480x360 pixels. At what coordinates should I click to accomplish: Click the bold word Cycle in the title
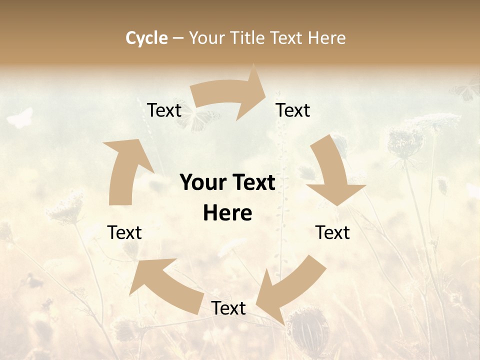pyautogui.click(x=146, y=38)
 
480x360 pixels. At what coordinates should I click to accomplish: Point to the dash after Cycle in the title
pyautogui.click(x=178, y=38)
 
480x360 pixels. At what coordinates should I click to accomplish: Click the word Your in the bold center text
pyautogui.click(x=201, y=182)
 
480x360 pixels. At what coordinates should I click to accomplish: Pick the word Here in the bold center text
pyautogui.click(x=227, y=213)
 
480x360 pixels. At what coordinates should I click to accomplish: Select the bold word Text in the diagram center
pyautogui.click(x=253, y=182)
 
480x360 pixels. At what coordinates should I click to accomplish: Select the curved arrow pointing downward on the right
pyautogui.click(x=334, y=173)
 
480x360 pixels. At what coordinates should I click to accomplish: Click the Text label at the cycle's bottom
pyautogui.click(x=228, y=308)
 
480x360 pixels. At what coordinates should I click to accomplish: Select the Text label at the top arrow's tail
pyautogui.click(x=164, y=110)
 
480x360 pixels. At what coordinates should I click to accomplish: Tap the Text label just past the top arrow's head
pyautogui.click(x=293, y=110)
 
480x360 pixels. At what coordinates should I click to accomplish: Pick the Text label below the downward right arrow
pyautogui.click(x=332, y=232)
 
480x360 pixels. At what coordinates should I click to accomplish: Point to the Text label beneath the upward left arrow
pyautogui.click(x=124, y=232)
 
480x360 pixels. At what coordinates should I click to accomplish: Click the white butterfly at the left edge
pyautogui.click(x=20, y=118)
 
